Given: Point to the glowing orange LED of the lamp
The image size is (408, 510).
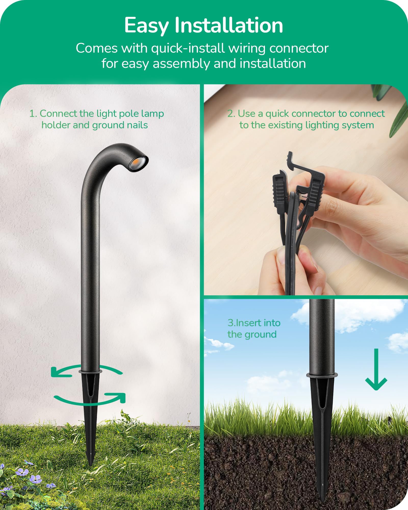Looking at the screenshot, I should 136,162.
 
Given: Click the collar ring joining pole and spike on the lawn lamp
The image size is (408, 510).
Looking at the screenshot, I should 91,372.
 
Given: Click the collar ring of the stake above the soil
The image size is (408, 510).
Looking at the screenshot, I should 322,375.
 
